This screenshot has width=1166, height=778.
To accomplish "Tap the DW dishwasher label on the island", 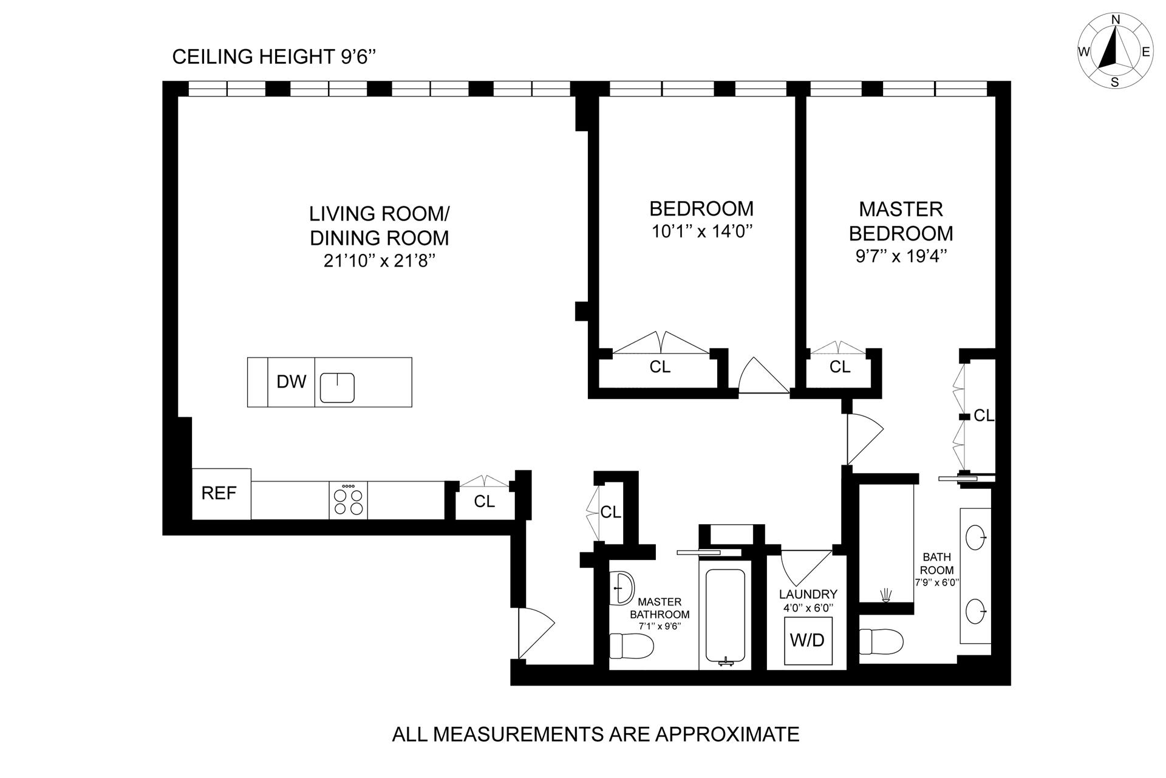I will [291, 381].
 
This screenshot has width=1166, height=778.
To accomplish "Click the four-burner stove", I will [349, 500].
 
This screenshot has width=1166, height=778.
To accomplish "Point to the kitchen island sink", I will [338, 387].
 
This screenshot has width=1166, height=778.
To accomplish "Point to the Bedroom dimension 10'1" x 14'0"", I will [701, 232].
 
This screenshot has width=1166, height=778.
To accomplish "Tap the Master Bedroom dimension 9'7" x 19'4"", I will [901, 257].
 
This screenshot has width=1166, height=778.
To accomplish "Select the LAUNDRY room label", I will [808, 594].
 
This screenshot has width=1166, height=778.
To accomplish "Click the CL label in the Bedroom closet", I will [660, 367].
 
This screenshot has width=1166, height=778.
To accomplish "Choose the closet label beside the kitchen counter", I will [485, 502].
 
